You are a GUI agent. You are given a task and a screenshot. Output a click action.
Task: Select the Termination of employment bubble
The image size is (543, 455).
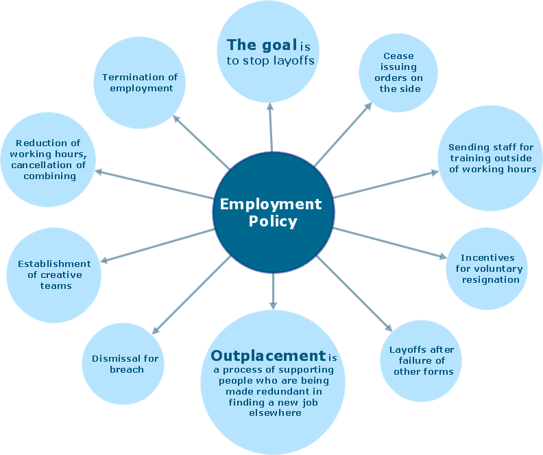point(141,82)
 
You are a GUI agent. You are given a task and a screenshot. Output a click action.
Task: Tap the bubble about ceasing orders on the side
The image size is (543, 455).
point(399,72)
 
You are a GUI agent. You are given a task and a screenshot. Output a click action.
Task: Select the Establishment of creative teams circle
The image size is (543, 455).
point(54,275)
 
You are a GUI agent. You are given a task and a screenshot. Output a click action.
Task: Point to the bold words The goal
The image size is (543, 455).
point(261,45)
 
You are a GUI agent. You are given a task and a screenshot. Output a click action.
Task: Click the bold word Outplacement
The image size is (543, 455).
point(267,355)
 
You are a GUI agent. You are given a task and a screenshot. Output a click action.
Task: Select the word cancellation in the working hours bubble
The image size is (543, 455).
point(48,165)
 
